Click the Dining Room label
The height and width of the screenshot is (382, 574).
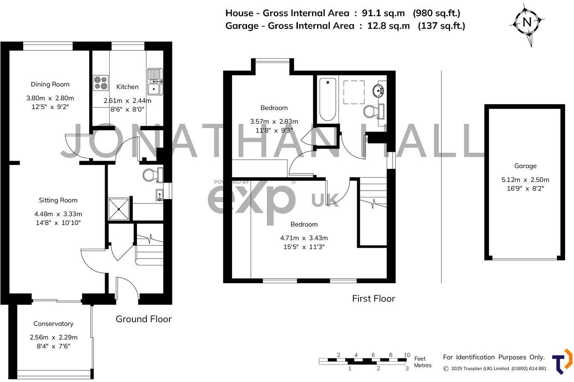coord(50,84)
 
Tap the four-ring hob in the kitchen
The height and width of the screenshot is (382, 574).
coord(101,82)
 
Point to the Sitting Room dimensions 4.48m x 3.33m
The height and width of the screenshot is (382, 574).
coord(58,214)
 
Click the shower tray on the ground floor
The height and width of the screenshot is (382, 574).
coord(119,209)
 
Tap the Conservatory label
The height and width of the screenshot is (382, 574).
coord(53,324)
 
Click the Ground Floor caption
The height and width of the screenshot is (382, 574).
coord(143,319)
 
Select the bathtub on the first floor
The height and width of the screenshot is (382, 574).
coord(327,99)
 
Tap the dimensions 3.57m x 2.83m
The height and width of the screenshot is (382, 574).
coord(274,121)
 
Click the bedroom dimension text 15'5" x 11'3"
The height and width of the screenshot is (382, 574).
coord(304,247)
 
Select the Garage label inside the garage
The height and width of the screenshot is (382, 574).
coord(525,166)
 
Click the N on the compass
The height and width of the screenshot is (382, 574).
coord(527,22)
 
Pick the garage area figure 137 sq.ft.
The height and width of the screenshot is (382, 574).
coord(441,26)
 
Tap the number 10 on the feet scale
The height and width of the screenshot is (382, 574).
coord(407,355)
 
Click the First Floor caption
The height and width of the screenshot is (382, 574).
coord(373,299)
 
